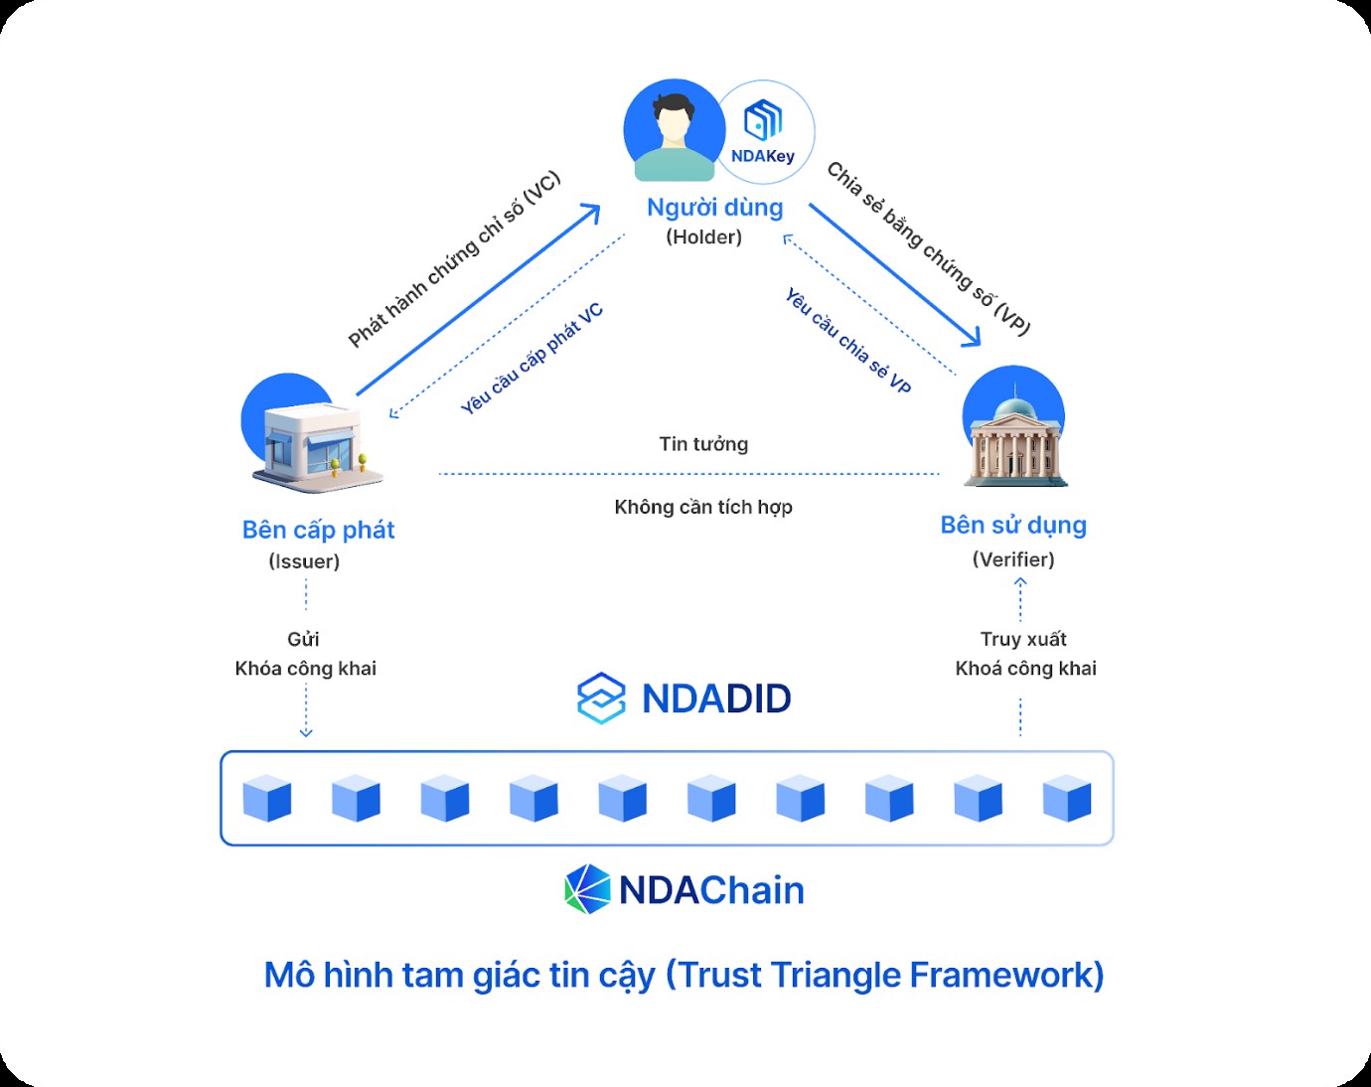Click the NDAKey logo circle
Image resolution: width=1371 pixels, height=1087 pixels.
[764, 132]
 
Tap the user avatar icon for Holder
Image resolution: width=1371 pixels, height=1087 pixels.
[675, 130]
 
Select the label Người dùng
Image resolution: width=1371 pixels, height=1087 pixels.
[714, 208]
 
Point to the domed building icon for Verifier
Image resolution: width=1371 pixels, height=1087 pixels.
[1014, 434]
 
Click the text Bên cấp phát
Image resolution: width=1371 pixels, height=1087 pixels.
[318, 530]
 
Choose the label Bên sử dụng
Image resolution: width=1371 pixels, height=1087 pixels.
[1013, 525]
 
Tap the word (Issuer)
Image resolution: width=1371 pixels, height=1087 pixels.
[304, 561]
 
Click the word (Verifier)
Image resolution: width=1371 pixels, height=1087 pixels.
[1013, 559]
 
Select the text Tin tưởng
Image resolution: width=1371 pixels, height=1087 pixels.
[703, 444]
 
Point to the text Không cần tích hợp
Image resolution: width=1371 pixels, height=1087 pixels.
[703, 507]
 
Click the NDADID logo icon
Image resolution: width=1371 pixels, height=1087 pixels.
[601, 699]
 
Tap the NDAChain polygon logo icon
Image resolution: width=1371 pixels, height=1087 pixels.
[587, 889]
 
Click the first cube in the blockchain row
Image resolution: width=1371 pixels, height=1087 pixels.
[267, 799]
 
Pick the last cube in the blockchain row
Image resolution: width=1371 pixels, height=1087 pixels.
[1067, 799]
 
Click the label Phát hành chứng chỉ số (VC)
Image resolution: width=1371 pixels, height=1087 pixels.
[454, 260]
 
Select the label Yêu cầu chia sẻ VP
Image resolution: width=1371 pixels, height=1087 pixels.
[848, 341]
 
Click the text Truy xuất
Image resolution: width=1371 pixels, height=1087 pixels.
[1023, 639]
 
